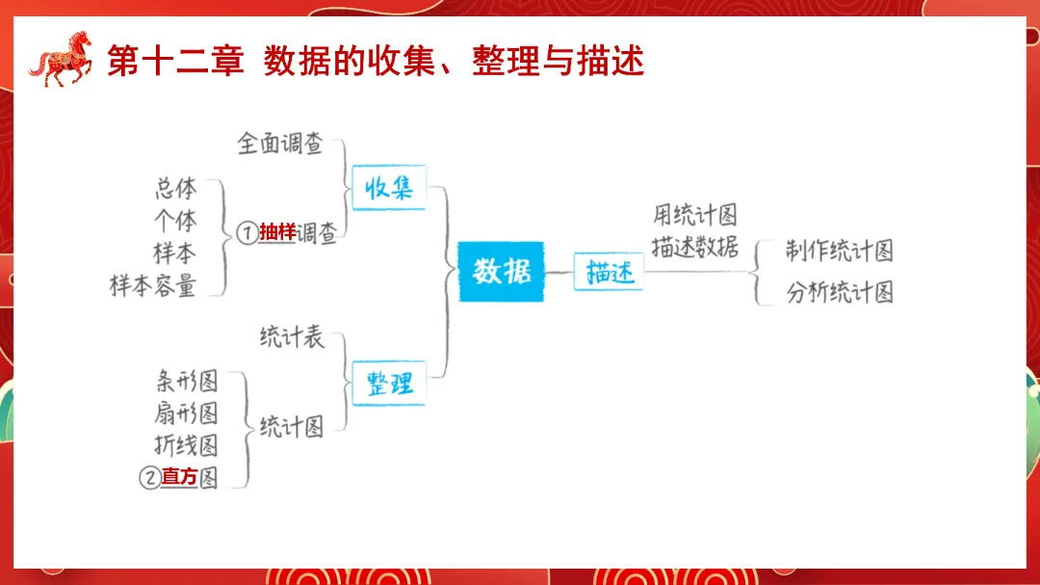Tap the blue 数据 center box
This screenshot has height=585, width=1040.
(501, 272)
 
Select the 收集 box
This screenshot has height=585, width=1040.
(389, 188)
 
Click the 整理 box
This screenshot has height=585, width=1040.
(389, 384)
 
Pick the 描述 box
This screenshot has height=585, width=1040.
(609, 273)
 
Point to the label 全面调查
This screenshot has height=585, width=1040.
(280, 145)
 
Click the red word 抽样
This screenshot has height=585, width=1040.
(277, 232)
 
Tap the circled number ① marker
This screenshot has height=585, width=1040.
(247, 233)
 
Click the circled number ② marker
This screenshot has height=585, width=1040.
(149, 477)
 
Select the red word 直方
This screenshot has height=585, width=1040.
(179, 476)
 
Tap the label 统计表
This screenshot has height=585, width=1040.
(292, 337)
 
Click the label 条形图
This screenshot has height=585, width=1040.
(186, 380)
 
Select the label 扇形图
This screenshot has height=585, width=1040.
(186, 412)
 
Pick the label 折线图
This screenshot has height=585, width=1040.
(186, 444)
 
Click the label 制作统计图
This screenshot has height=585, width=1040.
(839, 252)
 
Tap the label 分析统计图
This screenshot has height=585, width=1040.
(839, 292)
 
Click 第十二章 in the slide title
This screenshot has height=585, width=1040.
(173, 61)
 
